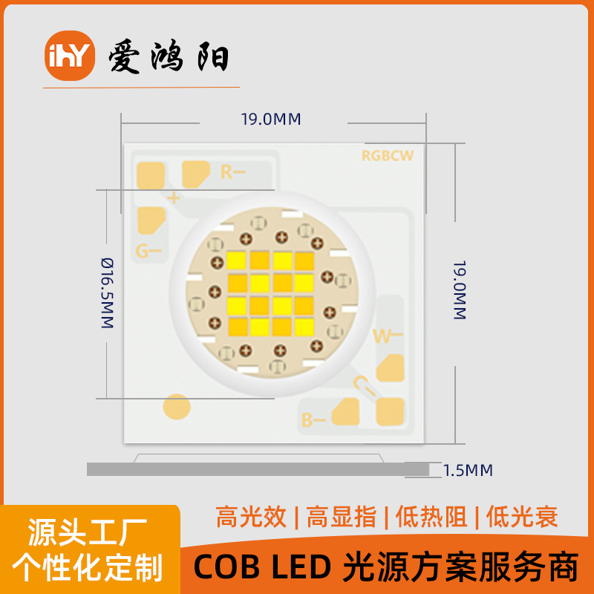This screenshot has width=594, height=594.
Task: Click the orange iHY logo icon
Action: [x=71, y=56]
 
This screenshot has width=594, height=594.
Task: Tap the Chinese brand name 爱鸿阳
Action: [x=169, y=57]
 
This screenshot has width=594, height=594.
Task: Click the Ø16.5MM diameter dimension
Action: [x=107, y=293]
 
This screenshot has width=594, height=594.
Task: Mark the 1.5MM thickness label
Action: [x=468, y=470]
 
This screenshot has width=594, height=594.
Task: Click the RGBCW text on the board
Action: [x=387, y=156]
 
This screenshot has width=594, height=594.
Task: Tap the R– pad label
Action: [x=232, y=172]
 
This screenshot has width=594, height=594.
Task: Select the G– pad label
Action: [x=148, y=251]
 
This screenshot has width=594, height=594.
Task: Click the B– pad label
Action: [x=312, y=421]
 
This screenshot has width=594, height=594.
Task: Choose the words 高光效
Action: [x=251, y=516]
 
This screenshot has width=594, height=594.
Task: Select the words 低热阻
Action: [x=431, y=516]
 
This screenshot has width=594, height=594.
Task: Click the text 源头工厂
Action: [x=88, y=532]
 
